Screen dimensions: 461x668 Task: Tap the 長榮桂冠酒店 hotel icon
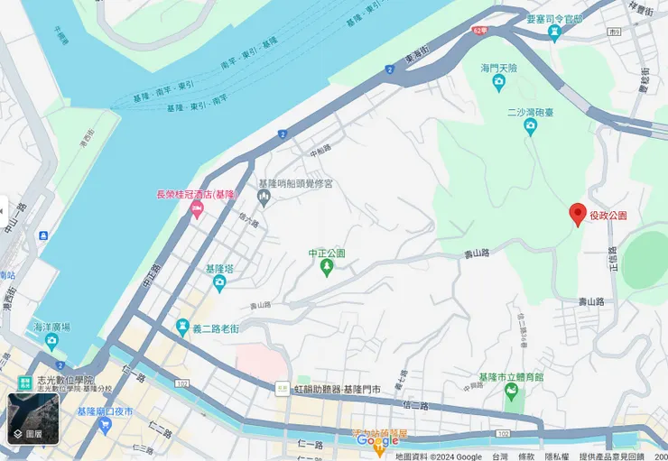point(197,210)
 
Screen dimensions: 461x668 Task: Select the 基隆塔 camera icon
point(219,284)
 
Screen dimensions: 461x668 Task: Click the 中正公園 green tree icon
point(327,268)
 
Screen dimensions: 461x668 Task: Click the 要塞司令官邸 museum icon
point(554,33)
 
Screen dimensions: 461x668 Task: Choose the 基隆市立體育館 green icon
point(512,392)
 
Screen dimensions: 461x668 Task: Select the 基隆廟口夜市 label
point(105,411)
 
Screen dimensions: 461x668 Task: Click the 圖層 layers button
point(33,420)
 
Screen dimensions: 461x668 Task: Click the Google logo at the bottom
point(377,440)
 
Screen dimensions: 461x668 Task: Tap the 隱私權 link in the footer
point(556,456)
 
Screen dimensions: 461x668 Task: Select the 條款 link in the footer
point(526,456)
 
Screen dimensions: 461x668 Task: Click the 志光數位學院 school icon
point(24,383)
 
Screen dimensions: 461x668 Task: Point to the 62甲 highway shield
point(478,30)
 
